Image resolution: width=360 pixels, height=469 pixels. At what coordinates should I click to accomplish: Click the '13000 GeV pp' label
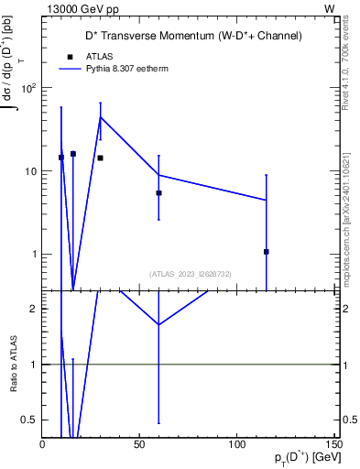pyautogui.click(x=82, y=7)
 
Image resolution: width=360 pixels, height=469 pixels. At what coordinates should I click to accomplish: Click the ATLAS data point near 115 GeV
pyautogui.click(x=266, y=251)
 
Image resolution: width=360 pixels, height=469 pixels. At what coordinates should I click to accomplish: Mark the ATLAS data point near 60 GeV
pyautogui.click(x=158, y=193)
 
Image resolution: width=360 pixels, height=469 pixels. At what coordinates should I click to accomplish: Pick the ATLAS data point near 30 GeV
pyautogui.click(x=100, y=158)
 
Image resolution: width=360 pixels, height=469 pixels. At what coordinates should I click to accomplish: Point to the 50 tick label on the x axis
pyautogui.click(x=139, y=445)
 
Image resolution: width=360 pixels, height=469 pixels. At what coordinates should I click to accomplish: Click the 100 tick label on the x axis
pyautogui.click(x=236, y=445)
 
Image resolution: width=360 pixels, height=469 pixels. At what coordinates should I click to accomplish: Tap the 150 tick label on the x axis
pyautogui.click(x=333, y=445)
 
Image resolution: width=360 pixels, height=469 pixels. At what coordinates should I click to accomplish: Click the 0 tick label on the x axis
pyautogui.click(x=42, y=445)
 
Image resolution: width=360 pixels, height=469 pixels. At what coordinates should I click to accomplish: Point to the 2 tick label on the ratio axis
pyautogui.click(x=33, y=309)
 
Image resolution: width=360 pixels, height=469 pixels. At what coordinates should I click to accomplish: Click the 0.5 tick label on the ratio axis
pyautogui.click(x=29, y=420)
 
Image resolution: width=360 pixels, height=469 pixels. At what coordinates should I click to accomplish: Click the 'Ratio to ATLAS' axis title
pyautogui.click(x=13, y=365)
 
